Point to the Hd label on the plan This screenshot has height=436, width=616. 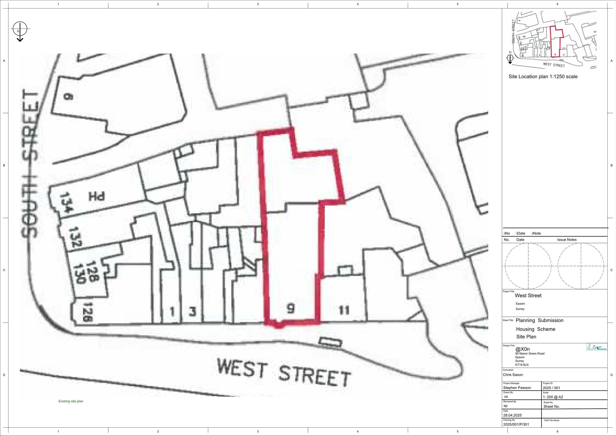pyautogui.click(x=97, y=197)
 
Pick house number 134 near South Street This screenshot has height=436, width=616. pyautogui.click(x=65, y=203)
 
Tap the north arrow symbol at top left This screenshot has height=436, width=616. pyautogui.click(x=20, y=31)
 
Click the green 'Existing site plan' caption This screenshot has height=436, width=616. pyautogui.click(x=71, y=401)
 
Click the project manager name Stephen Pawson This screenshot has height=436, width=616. pyautogui.click(x=517, y=388)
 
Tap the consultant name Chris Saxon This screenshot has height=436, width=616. pyautogui.click(x=513, y=375)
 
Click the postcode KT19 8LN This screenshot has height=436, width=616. pyautogui.click(x=522, y=364)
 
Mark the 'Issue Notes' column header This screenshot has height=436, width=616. pyautogui.click(x=567, y=240)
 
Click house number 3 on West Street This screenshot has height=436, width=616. pyautogui.click(x=192, y=312)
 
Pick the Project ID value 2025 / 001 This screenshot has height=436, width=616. pyautogui.click(x=551, y=388)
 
